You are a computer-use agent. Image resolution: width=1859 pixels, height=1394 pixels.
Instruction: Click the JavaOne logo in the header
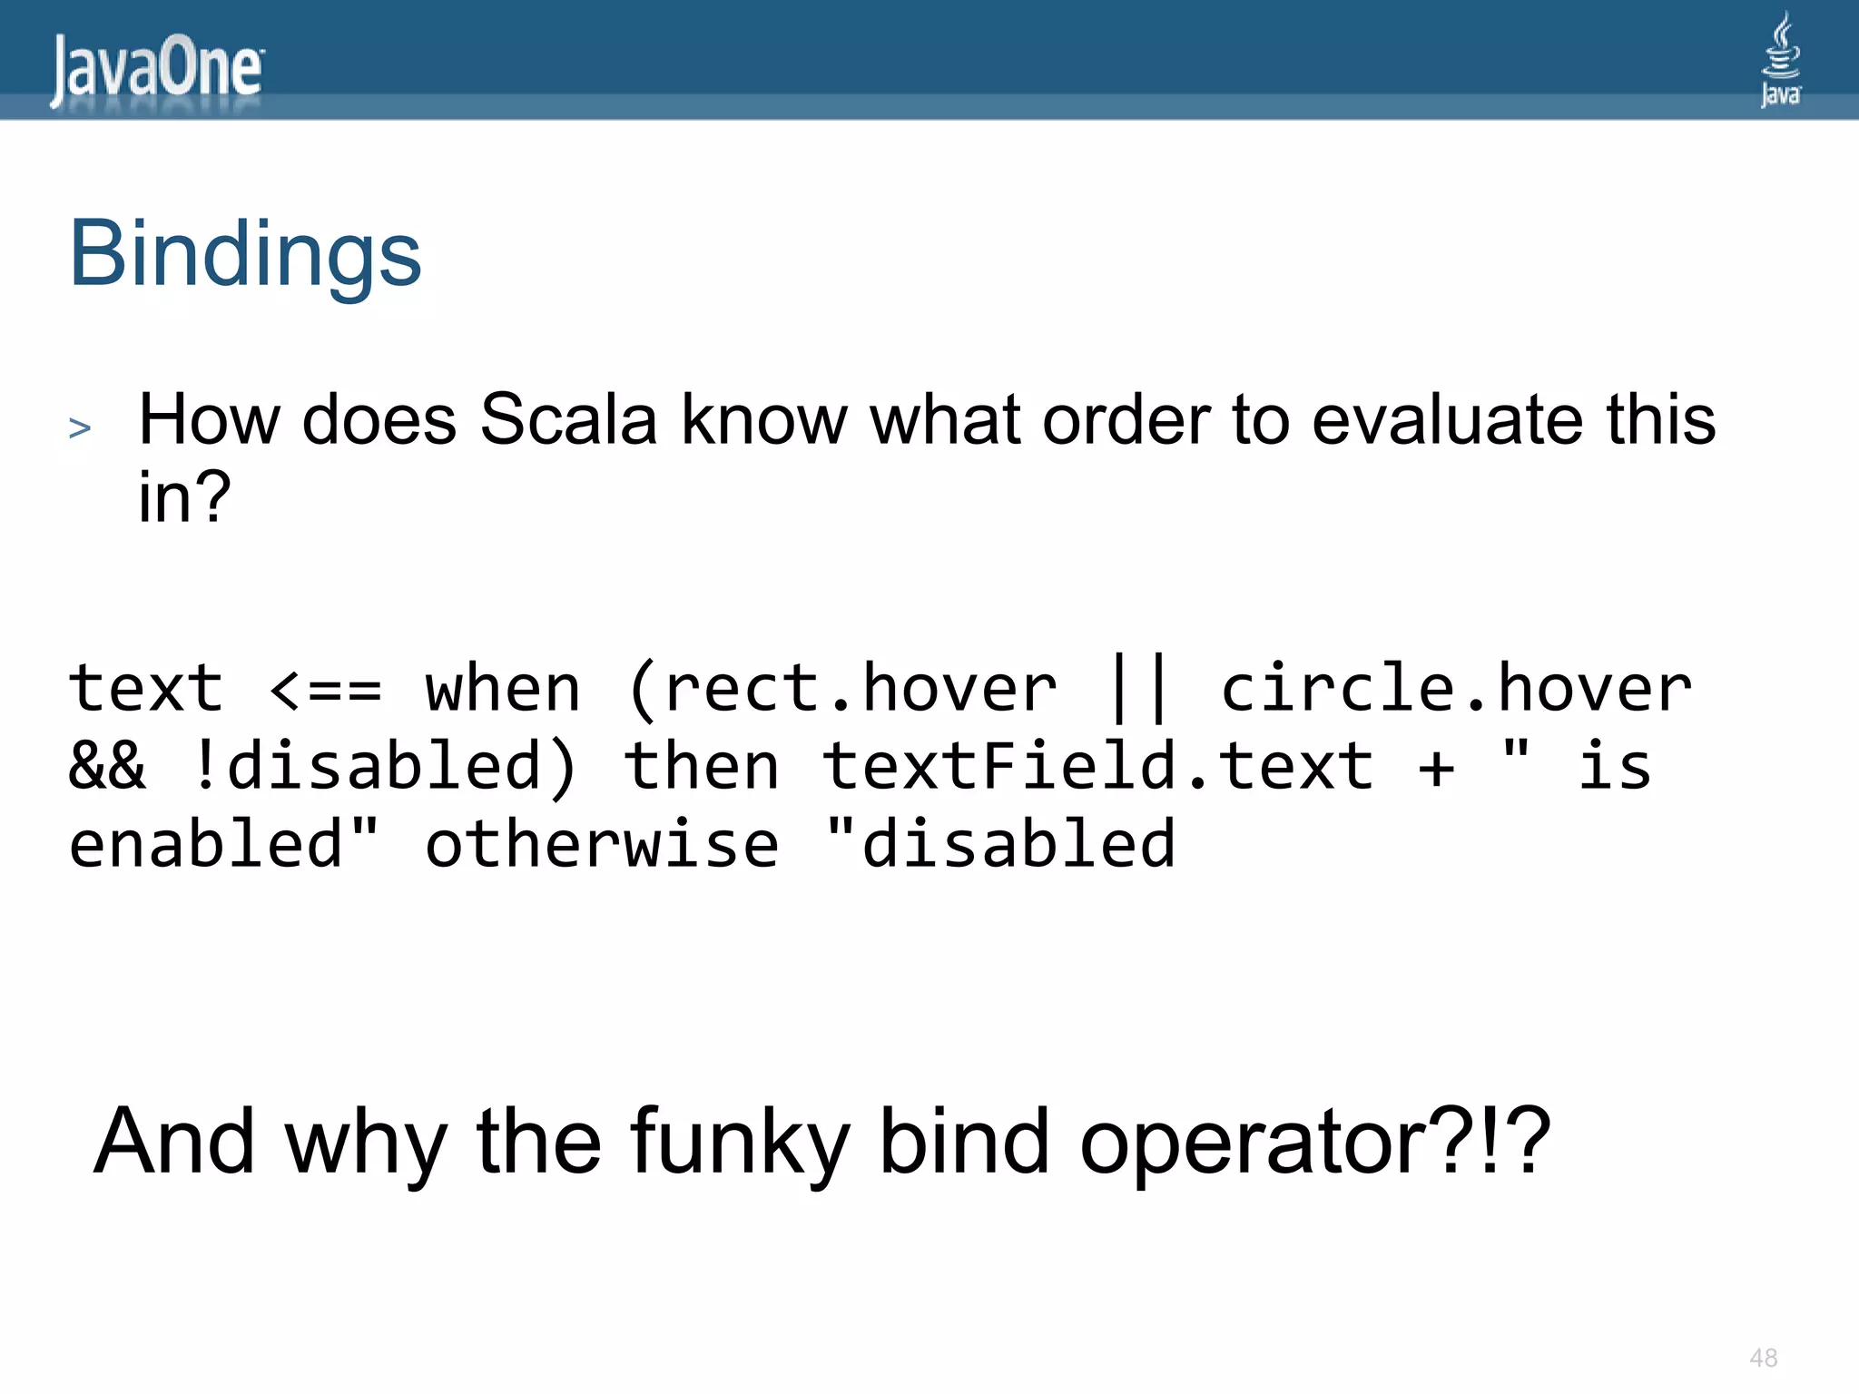coord(156,71)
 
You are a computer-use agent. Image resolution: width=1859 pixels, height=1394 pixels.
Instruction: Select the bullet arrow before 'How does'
coord(80,427)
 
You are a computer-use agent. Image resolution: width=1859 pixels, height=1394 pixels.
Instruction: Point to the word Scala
coord(568,420)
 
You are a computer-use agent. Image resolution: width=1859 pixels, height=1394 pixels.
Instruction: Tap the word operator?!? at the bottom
coord(1314,1142)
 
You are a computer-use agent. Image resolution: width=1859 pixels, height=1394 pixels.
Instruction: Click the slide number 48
coord(1763,1358)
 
